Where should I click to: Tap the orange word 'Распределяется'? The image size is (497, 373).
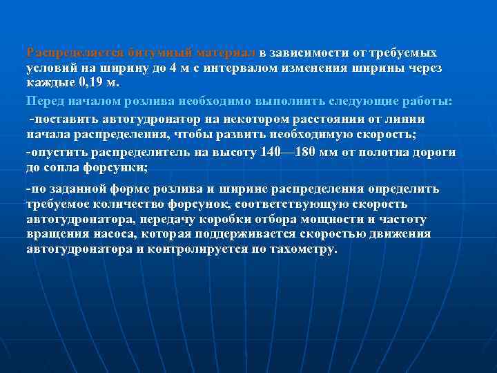point(75,53)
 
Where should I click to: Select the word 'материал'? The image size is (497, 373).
point(226,53)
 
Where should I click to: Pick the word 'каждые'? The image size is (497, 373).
point(50,84)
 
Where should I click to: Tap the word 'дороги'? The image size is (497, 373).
point(438,151)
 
